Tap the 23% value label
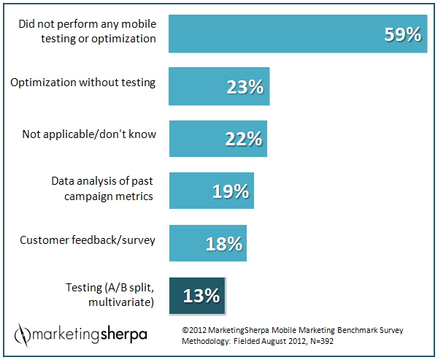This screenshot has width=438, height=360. [x=244, y=88]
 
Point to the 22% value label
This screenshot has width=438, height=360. [x=242, y=139]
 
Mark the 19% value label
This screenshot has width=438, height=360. [x=230, y=191]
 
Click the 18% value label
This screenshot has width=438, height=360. [x=223, y=244]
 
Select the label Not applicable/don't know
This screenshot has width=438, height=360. [x=89, y=134]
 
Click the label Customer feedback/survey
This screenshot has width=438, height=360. [x=87, y=240]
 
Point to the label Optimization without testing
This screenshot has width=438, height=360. [x=82, y=82]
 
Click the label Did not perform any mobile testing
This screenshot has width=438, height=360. [x=87, y=31]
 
